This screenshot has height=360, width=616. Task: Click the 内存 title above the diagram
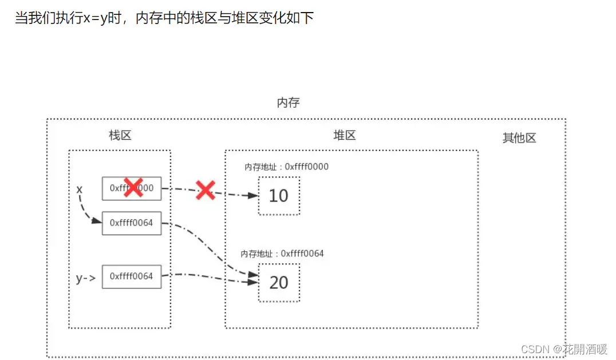(x=288, y=103)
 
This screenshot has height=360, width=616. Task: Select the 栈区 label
(x=120, y=136)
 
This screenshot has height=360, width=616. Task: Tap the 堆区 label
(x=345, y=136)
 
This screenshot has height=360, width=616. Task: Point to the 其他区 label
(x=519, y=138)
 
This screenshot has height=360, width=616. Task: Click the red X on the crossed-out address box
(x=133, y=187)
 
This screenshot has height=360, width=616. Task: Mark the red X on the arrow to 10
(x=205, y=189)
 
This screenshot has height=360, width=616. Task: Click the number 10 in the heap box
(x=278, y=196)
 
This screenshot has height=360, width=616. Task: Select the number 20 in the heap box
(x=278, y=282)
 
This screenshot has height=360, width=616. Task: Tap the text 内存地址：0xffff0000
(x=286, y=167)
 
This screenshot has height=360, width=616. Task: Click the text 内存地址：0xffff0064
(x=282, y=253)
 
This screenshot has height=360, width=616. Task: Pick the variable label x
(x=80, y=189)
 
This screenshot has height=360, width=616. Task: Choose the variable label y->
(x=85, y=278)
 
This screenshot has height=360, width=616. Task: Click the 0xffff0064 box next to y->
(x=132, y=276)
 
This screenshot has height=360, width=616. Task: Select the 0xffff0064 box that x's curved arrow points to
(x=132, y=223)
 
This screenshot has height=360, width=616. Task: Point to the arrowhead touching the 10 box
(x=252, y=196)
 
